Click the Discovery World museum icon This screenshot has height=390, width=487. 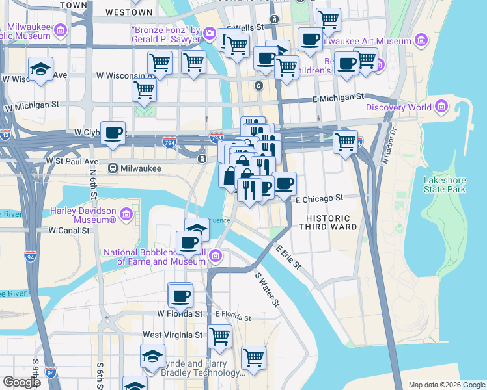tap(441, 107)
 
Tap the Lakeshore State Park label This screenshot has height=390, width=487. tap(445, 185)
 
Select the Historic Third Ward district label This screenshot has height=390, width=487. tap(328, 222)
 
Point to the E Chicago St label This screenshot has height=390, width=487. tap(318, 198)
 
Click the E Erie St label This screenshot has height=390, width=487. tap(288, 257)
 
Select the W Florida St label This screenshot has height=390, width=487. tap(180, 313)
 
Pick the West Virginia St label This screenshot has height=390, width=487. tap(172, 335)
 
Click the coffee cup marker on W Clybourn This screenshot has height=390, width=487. tap(113, 133)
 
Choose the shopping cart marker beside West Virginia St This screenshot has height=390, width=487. tap(219, 337)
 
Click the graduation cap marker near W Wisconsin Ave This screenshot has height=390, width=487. tap(40, 69)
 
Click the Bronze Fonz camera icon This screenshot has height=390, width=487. tap(209, 32)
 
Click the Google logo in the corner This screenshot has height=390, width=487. tap(21, 382)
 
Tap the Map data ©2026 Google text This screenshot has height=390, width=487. tap(446, 385)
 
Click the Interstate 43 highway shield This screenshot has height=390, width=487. tap(5, 135)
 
